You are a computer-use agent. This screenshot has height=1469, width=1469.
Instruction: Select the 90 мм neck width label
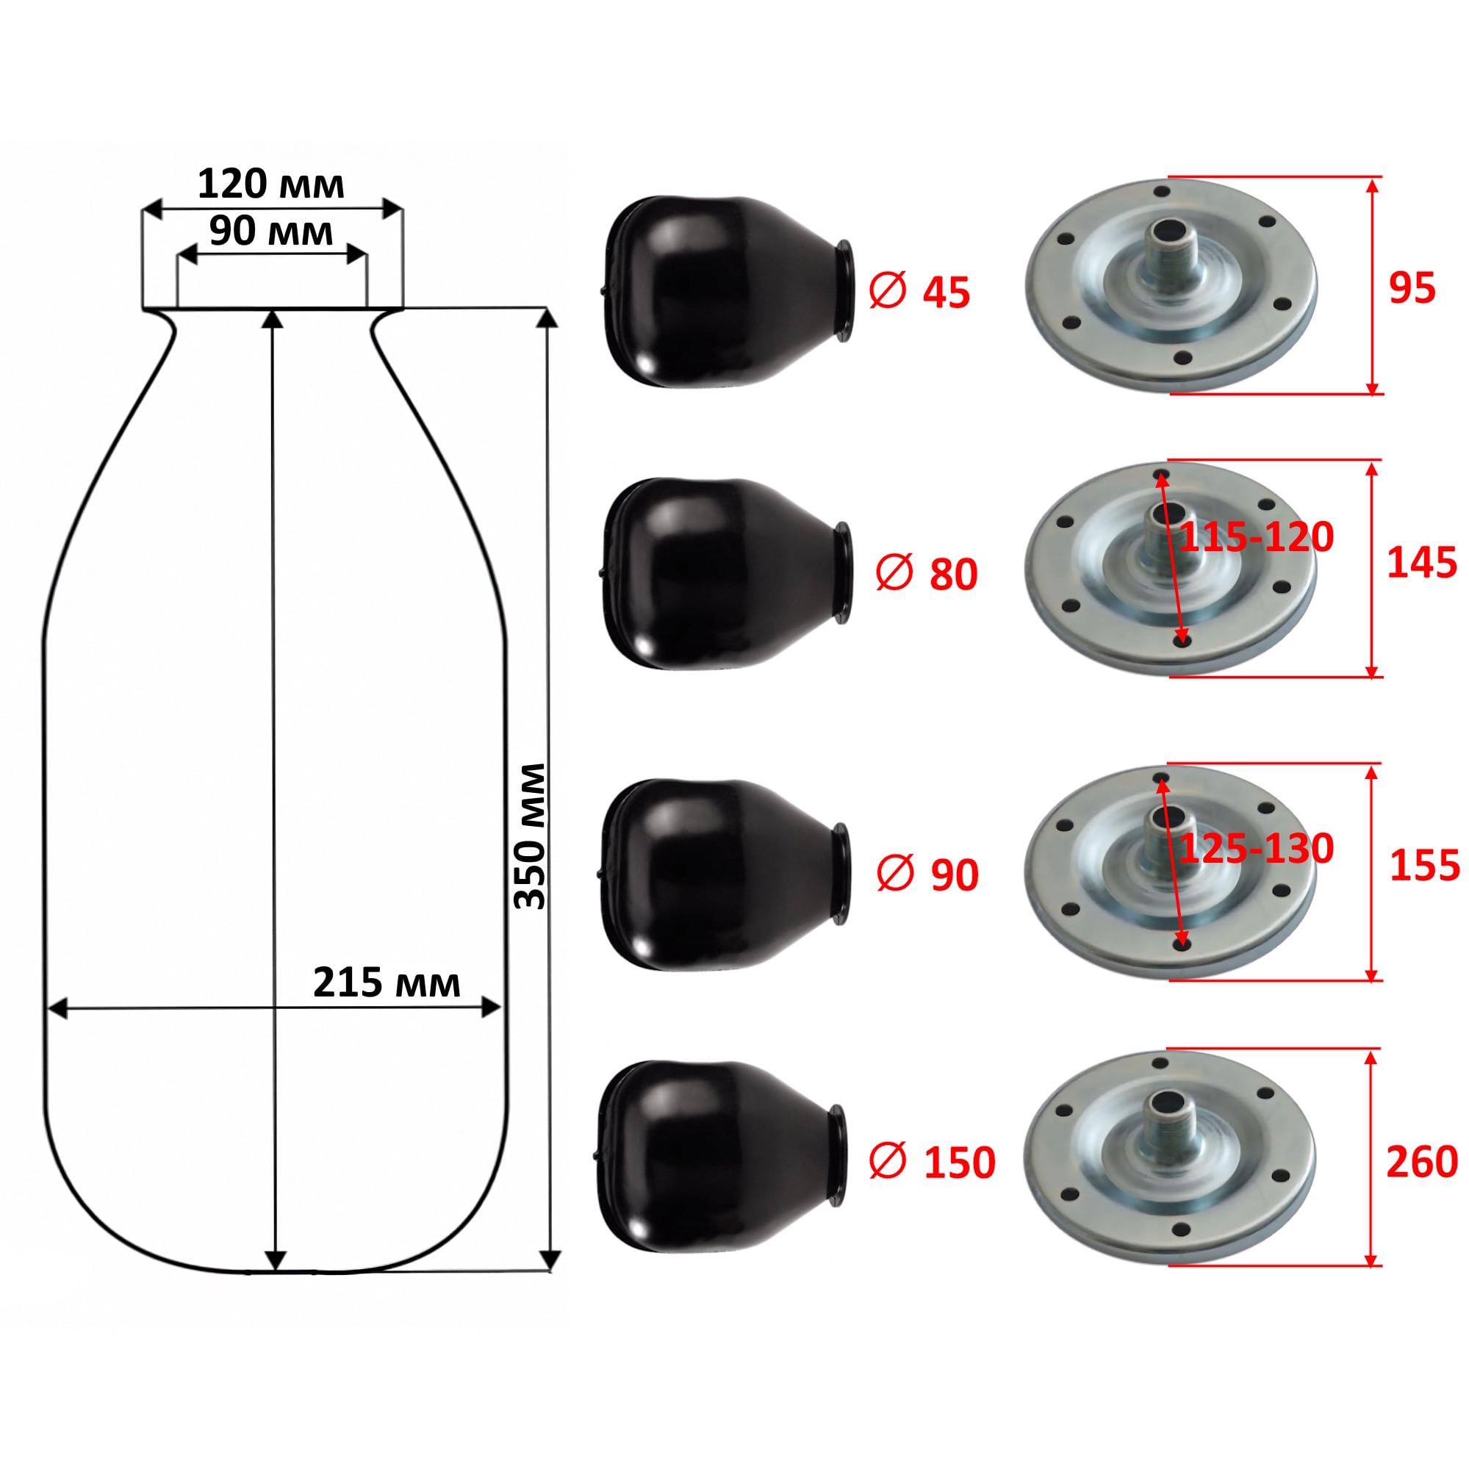click(x=271, y=232)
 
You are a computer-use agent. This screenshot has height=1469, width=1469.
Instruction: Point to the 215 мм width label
click(x=387, y=984)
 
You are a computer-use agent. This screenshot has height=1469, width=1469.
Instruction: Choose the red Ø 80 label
click(x=926, y=574)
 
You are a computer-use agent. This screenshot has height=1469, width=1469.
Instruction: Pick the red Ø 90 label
click(x=927, y=875)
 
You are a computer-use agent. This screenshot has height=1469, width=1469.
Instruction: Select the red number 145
click(x=1422, y=564)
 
